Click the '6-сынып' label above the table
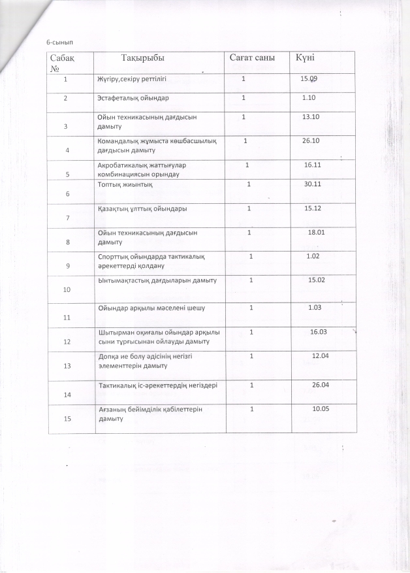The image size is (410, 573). [59, 42]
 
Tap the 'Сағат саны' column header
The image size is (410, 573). [252, 58]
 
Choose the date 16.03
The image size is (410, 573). [319, 332]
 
